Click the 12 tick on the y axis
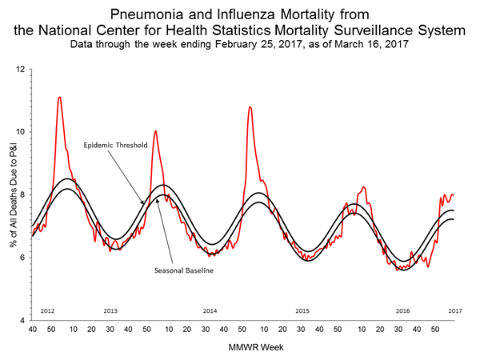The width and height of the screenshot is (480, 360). tap(22, 70)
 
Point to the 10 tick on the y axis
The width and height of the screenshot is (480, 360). tap(22, 132)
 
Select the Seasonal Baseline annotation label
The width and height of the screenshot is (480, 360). tap(183, 270)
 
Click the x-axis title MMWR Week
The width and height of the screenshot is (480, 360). tap(246, 346)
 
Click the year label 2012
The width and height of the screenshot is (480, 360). tap(47, 310)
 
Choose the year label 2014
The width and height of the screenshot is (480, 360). tap(210, 310)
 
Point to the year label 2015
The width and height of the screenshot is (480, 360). tap(302, 310)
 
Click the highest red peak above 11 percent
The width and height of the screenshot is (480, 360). tap(59, 98)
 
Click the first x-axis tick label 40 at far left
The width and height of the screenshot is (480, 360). tap(32, 329)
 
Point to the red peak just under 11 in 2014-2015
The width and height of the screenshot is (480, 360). tap(250, 107)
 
